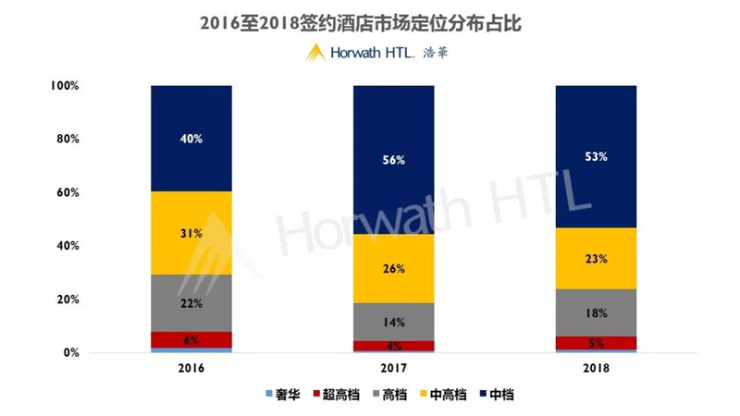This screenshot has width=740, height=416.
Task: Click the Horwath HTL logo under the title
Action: pos(379,53)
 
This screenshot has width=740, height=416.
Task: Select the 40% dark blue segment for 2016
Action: pos(191,139)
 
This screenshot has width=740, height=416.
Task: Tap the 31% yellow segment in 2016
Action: pos(191,233)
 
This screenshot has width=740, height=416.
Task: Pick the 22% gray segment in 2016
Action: pos(191,302)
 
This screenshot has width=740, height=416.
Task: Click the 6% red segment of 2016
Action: pos(191,339)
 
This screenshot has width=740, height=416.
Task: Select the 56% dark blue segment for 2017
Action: pos(393,159)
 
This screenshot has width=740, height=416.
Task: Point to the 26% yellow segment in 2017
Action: pos(393,269)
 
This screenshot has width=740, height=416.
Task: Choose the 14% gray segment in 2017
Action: pos(393,322)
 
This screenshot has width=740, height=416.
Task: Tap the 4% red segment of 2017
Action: pos(393,347)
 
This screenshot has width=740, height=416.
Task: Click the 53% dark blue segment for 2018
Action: pos(596,156)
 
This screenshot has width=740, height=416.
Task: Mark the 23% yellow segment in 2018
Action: pos(596,259)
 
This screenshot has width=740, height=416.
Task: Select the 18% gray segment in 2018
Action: pos(596,312)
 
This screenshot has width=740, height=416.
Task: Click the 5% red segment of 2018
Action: pos(596,343)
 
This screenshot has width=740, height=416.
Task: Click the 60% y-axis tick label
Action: pos(67,193)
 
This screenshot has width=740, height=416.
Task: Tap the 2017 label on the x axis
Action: pos(393,368)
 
